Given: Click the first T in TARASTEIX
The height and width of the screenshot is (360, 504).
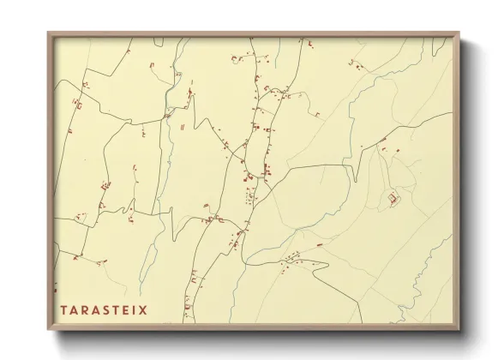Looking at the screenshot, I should (63, 309).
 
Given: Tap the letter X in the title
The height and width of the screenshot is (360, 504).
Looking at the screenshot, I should (143, 309).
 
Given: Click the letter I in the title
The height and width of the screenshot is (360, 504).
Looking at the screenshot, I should (135, 309).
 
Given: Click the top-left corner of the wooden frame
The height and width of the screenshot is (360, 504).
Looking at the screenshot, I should (48, 33).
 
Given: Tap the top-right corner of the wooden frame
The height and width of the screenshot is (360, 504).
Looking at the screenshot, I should (459, 33).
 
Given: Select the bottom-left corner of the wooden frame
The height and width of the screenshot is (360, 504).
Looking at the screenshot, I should (48, 330).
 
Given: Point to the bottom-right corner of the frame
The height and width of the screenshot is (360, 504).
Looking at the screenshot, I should (459, 330).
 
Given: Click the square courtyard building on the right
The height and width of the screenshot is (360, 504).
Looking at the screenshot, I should (393, 200).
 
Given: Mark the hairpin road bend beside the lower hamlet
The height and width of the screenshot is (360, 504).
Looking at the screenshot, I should (327, 267).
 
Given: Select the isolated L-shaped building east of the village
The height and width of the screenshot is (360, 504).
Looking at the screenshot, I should (316, 114).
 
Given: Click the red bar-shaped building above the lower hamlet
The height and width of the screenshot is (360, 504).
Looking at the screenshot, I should (319, 244).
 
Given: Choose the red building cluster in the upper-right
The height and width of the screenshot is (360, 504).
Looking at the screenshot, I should (356, 63).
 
